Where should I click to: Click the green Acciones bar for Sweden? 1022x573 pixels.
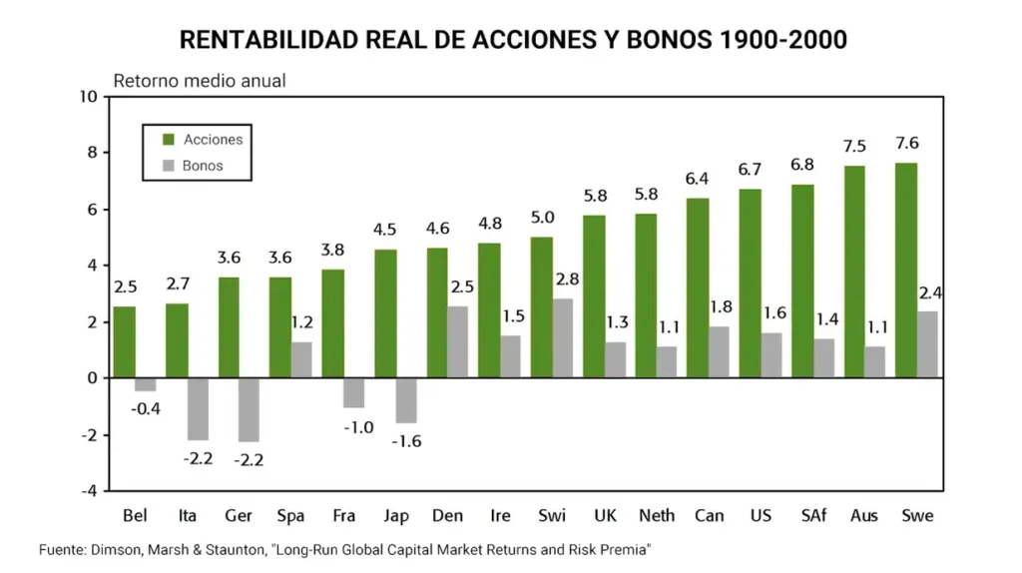tap(905, 270)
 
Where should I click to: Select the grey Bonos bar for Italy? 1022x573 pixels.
tap(198, 408)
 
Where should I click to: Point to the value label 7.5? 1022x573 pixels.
tap(854, 146)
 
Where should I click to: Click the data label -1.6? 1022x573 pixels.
tap(407, 440)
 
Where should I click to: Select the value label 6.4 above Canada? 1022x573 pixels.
tap(698, 179)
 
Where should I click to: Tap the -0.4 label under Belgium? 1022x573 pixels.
tap(147, 407)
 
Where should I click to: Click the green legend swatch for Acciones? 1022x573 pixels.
tap(167, 140)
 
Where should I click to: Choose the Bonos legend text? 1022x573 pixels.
tap(203, 166)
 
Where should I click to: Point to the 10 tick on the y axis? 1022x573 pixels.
tap(87, 97)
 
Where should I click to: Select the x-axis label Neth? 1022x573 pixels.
tap(657, 515)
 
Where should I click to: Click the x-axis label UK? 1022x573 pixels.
tap(605, 515)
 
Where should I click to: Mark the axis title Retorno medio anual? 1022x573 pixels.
tap(200, 81)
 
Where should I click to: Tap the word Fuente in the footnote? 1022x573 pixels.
tap(62, 549)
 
